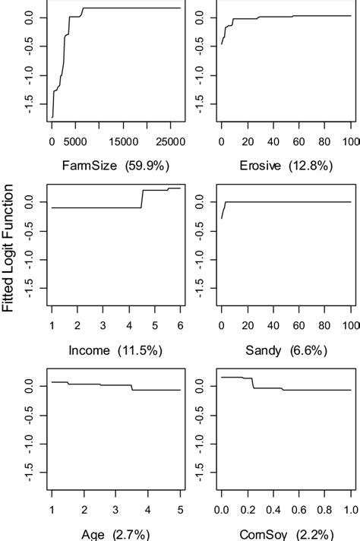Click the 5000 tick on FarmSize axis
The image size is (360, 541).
(x=75, y=141)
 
